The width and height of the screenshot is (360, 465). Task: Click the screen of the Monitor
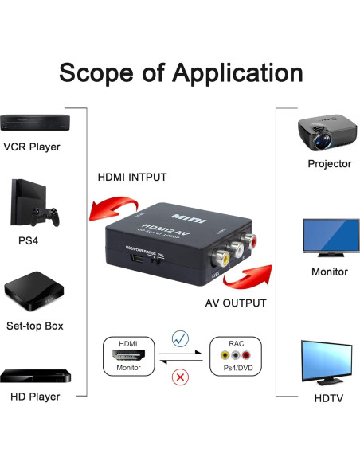point(329,232)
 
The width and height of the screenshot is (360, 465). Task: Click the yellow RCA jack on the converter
point(227,257)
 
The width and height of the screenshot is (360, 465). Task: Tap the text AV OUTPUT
point(236,303)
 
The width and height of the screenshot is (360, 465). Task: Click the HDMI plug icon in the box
point(127,356)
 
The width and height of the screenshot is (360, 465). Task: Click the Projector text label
point(329,164)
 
